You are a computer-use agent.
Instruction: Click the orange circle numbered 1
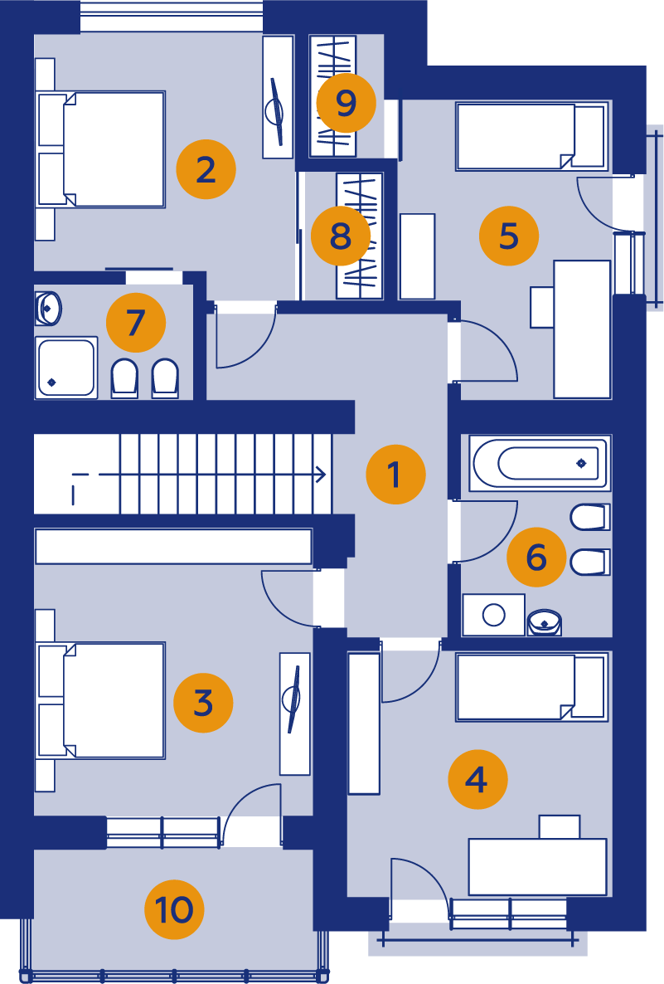[395, 475]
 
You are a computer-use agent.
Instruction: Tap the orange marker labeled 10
[174, 909]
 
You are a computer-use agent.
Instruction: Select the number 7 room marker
[136, 323]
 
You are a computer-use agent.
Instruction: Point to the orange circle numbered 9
[347, 103]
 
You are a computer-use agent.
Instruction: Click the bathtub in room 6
[539, 463]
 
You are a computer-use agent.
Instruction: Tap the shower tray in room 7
[65, 368]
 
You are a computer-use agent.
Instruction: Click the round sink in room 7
[48, 308]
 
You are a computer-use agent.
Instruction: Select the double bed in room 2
[100, 149]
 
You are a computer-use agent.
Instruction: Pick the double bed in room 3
[100, 700]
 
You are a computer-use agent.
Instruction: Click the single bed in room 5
[532, 136]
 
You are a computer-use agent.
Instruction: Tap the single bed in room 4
[532, 687]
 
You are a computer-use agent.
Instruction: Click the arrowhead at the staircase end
[321, 475]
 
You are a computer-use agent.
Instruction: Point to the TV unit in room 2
[278, 96]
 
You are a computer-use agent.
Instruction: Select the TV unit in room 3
[294, 714]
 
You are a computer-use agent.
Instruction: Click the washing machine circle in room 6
[494, 615]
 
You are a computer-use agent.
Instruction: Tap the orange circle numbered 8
[341, 236]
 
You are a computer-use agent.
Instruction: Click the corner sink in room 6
[545, 622]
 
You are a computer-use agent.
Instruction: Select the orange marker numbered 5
[509, 236]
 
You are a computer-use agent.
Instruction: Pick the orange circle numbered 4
[477, 779]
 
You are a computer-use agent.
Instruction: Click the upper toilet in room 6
[590, 517]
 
